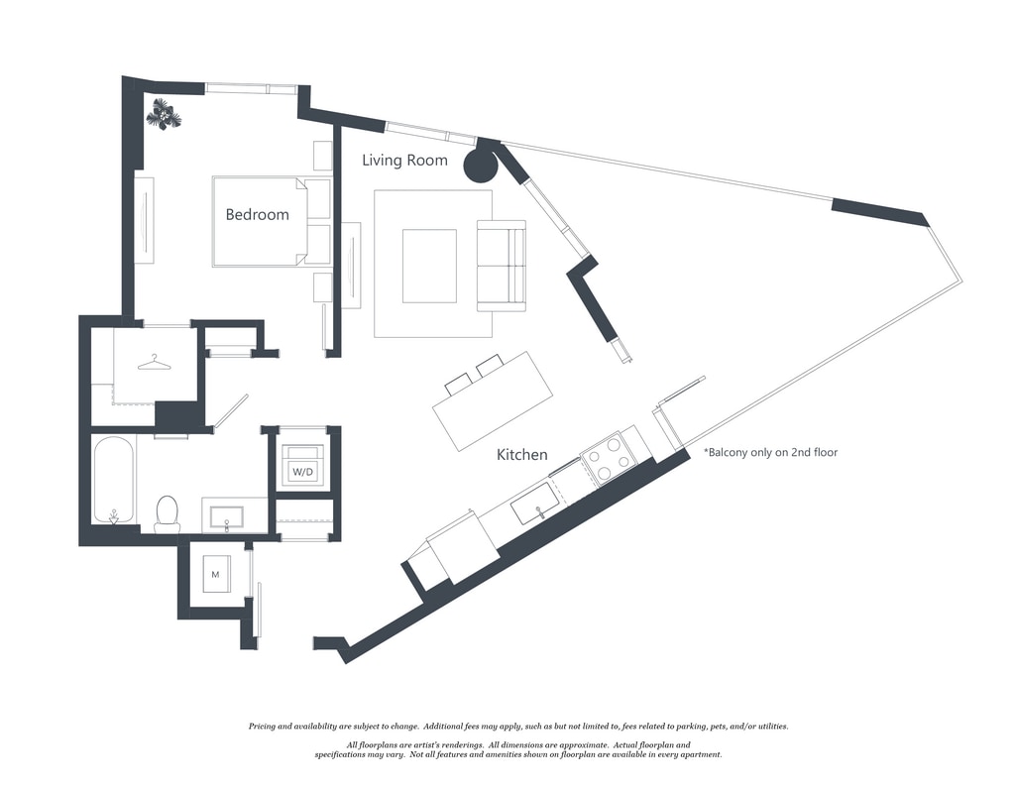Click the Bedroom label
point(257,214)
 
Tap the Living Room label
point(404,160)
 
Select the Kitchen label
point(521,455)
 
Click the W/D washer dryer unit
point(302,465)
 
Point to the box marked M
point(216,574)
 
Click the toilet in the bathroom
point(168,511)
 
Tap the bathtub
point(113,480)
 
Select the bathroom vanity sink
point(227,515)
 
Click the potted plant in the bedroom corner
point(164,116)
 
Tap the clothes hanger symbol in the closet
point(154,364)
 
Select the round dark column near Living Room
point(481,163)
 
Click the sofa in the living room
point(502,265)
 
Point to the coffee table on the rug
point(429,266)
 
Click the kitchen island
point(493,400)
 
